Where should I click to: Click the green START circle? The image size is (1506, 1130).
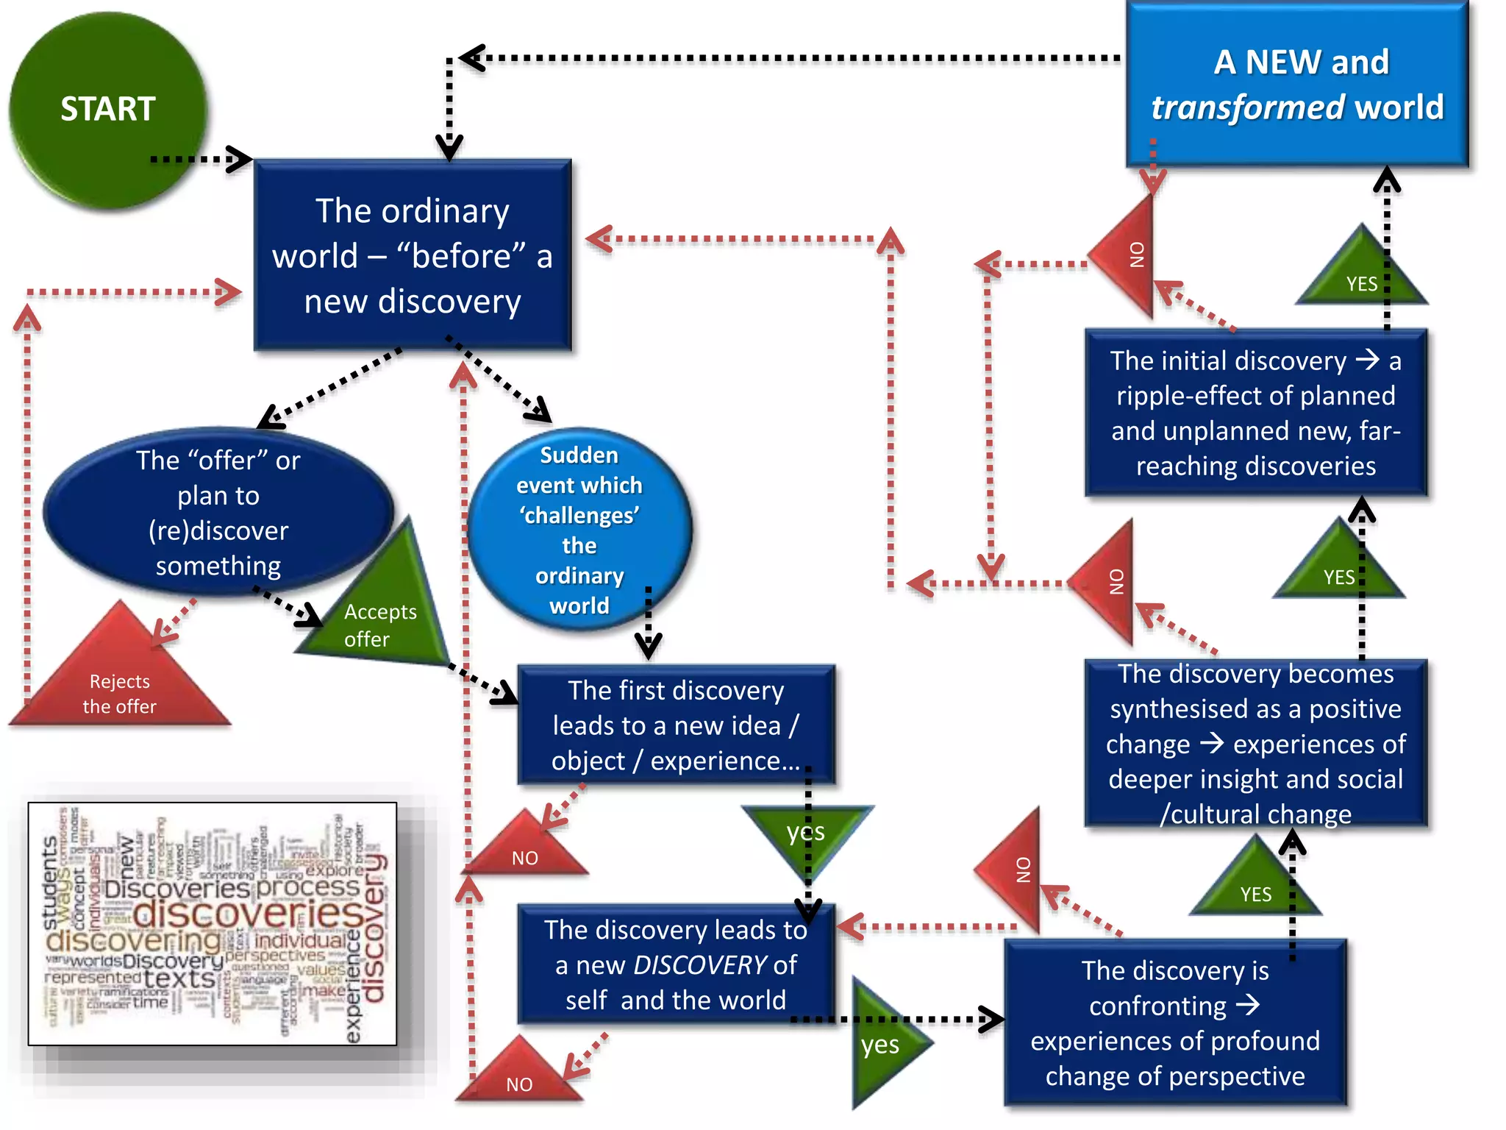108,110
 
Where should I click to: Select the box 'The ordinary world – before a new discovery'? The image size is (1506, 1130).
413,255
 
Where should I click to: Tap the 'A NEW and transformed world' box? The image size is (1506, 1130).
1297,85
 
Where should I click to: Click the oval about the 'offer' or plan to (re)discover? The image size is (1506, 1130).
218,513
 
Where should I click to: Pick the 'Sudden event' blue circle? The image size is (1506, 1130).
579,530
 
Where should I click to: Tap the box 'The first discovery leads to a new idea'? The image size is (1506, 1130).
676,725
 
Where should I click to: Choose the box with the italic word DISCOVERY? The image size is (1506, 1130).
676,964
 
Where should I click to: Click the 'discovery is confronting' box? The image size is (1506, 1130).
1175,1023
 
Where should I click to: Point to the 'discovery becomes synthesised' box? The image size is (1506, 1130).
1255,743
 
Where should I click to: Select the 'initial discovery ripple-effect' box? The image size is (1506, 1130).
1255,413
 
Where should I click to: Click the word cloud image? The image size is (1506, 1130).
213,923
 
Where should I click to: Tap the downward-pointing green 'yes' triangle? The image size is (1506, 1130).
807,835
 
